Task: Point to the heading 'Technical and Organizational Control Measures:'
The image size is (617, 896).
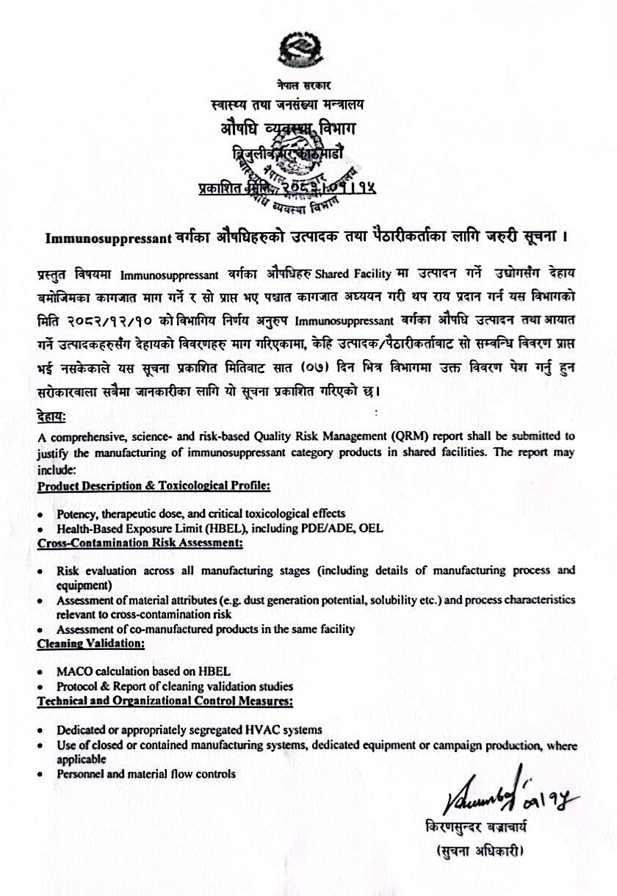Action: click(x=166, y=701)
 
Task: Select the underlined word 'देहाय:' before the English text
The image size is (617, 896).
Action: click(x=51, y=417)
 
